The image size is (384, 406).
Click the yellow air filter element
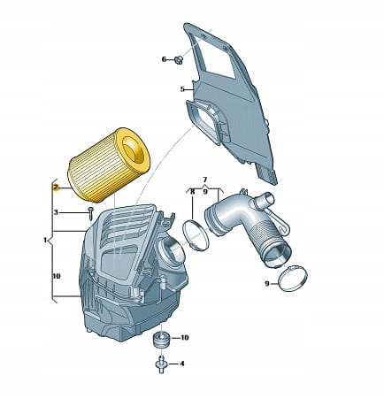[x=109, y=165]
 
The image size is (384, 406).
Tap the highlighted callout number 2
[x=56, y=188]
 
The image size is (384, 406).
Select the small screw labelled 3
[x=90, y=213]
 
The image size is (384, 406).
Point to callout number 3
[x=57, y=212]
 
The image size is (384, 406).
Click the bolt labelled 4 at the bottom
[x=161, y=364]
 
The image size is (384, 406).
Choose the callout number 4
[x=182, y=364]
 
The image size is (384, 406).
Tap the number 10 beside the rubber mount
[x=184, y=337]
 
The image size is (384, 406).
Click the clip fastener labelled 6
[x=179, y=60]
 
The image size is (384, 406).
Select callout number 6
[x=164, y=59]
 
